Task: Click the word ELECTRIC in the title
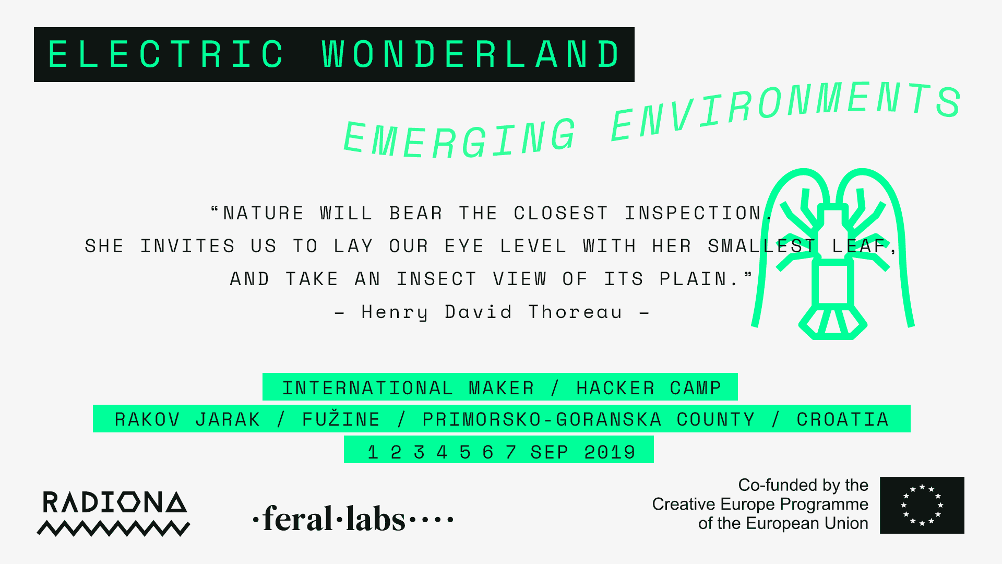coord(166,54)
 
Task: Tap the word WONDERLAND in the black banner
coord(471,54)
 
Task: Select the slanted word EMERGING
coord(460,138)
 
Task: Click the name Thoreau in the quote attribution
coord(576,312)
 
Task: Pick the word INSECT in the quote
coord(436,279)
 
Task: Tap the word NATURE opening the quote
coord(264,213)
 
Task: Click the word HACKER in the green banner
coord(615,388)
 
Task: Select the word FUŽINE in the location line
coord(341,418)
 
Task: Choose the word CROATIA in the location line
coord(842,419)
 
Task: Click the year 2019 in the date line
coord(610,452)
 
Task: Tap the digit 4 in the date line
coord(442,452)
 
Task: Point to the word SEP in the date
coord(549,452)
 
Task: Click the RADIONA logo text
coord(114,502)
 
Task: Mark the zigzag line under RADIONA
coord(113,528)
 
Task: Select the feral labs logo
coord(353,519)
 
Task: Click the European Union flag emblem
coord(922,505)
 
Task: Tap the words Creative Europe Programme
coord(760,504)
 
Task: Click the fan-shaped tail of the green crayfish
coord(833,322)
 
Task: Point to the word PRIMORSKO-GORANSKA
coord(542,419)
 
